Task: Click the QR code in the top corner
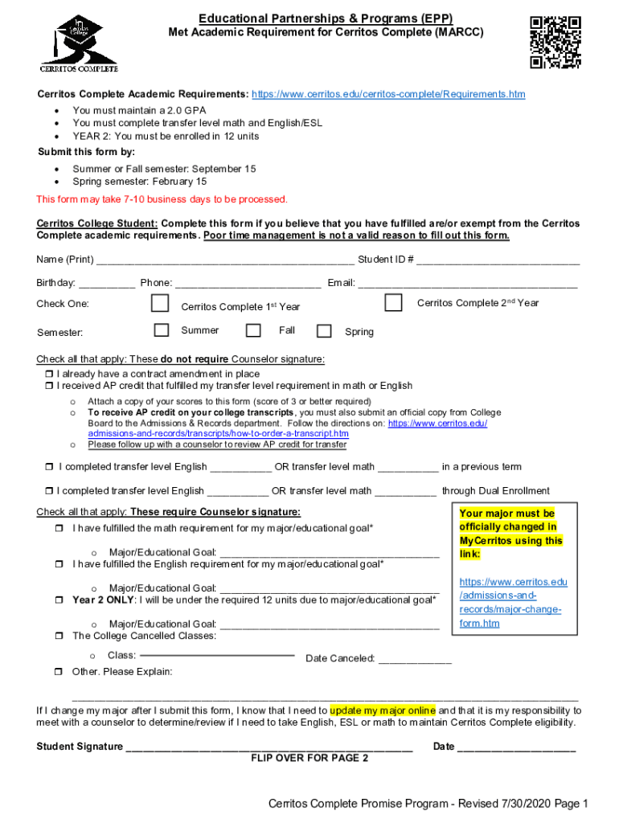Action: [555, 42]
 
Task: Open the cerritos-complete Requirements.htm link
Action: [388, 94]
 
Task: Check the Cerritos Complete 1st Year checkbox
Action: [161, 304]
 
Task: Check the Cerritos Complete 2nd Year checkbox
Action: [393, 303]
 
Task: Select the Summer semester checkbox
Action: [162, 330]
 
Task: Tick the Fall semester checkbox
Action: [253, 330]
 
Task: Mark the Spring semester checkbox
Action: [324, 331]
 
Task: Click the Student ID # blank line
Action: [498, 260]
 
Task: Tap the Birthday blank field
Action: [107, 284]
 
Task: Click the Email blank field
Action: [467, 284]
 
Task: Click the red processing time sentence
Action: [162, 199]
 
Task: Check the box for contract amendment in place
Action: [47, 375]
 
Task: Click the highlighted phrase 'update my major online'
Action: [383, 710]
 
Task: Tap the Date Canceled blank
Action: [414, 660]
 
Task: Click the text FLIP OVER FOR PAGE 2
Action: [309, 758]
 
